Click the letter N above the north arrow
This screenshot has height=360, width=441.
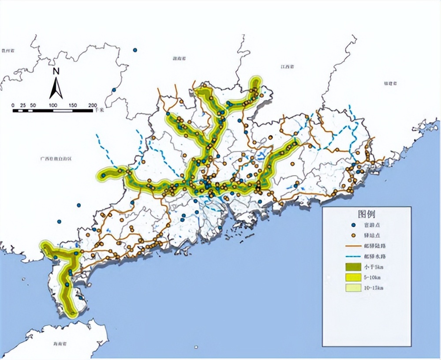click(x=56, y=71)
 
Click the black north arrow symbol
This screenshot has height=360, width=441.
click(x=56, y=88)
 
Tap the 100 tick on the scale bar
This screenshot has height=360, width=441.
click(x=53, y=105)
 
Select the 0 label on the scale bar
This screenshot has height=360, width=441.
click(x=13, y=105)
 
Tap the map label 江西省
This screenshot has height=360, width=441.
click(x=287, y=67)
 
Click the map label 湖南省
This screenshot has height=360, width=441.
click(x=179, y=58)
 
